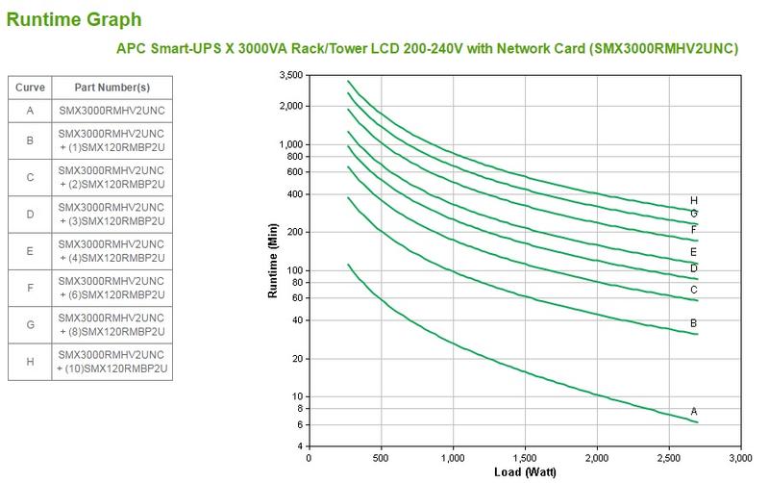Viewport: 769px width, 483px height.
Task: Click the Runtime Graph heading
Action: tap(74, 19)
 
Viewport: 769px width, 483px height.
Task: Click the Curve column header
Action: tap(30, 88)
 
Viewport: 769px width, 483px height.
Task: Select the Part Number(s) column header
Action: tap(112, 88)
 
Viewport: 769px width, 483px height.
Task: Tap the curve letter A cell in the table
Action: tap(30, 111)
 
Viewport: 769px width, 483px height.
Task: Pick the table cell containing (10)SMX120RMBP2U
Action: tap(112, 362)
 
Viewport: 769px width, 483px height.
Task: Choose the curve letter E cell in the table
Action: tap(30, 251)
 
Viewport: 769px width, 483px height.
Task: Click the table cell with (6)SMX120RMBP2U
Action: tap(112, 287)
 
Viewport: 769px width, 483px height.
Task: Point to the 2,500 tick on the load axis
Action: tap(669, 457)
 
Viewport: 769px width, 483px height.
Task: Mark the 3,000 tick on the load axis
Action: tap(740, 457)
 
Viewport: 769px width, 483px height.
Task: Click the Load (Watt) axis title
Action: tap(525, 471)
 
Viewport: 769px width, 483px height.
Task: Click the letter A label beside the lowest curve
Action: tap(694, 411)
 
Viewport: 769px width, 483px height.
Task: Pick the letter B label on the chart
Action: tap(694, 323)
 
